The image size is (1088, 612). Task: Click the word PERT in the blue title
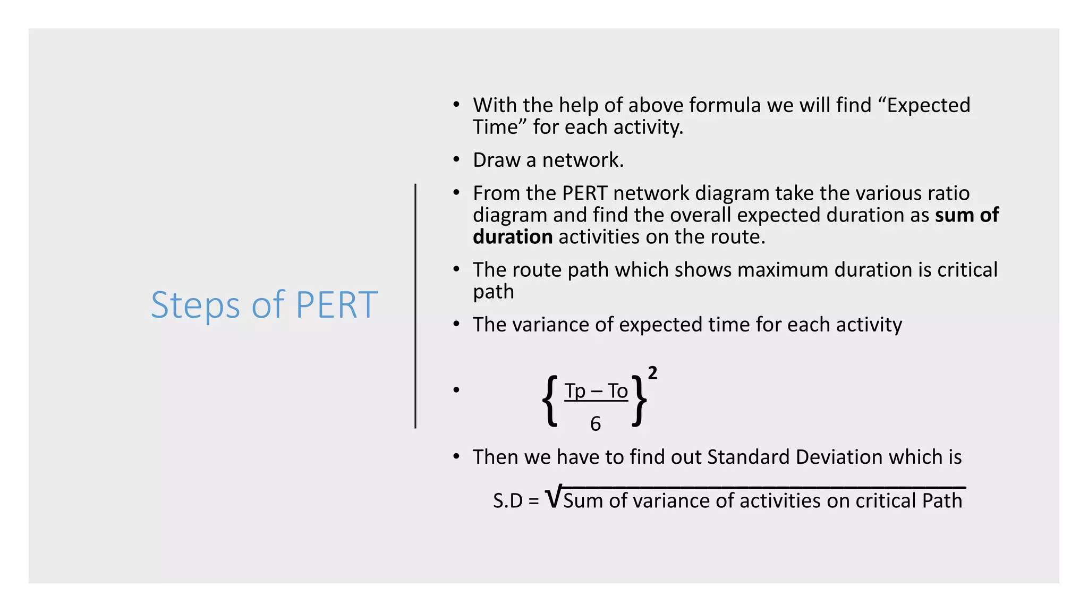336,305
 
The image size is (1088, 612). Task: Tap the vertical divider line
415,305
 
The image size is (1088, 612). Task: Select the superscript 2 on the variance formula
652,373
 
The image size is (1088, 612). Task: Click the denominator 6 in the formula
596,424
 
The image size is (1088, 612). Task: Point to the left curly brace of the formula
550,401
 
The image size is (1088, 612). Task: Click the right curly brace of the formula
640,401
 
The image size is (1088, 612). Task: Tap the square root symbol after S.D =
553,498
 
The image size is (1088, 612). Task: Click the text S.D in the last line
508,501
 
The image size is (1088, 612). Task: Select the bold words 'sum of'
967,215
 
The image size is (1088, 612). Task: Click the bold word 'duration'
513,237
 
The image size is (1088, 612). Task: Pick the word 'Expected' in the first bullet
928,105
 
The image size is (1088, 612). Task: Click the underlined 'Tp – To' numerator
596,391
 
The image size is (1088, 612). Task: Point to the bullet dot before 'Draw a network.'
456,159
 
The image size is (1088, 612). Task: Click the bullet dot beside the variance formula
456,390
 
